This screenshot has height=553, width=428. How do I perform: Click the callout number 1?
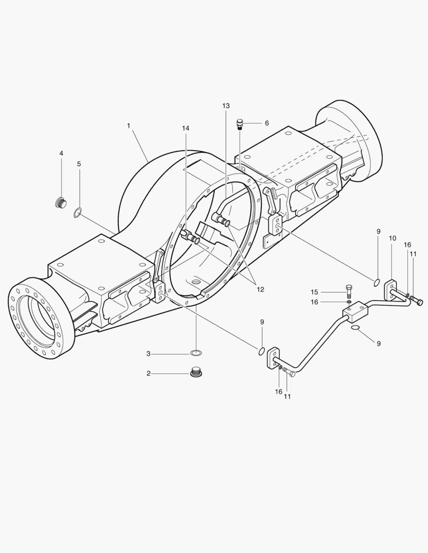tap(129, 125)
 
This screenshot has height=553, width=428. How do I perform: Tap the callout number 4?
tap(61, 154)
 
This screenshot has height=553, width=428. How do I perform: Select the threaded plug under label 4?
tap(62, 203)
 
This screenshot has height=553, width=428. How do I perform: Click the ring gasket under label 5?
tap(78, 213)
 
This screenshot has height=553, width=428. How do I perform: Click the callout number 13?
tap(226, 106)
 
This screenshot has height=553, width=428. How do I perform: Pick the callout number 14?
tap(186, 129)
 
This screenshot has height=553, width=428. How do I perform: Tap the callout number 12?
tap(260, 289)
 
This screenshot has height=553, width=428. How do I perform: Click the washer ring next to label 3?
tap(196, 353)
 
